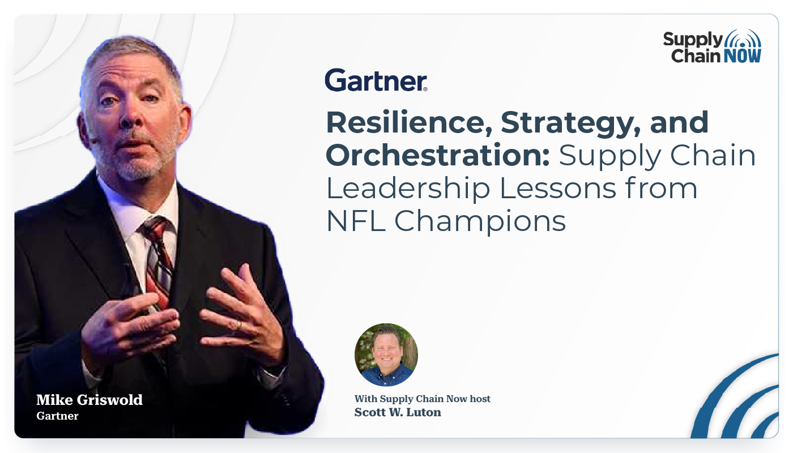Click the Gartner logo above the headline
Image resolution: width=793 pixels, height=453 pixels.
(x=376, y=80)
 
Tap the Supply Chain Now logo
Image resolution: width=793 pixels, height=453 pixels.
(x=713, y=46)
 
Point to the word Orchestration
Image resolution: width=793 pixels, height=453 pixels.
(x=437, y=155)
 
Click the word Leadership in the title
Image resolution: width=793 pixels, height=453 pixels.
(x=408, y=188)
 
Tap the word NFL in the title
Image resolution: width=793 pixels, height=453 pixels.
(x=356, y=221)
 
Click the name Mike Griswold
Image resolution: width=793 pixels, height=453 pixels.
(x=89, y=400)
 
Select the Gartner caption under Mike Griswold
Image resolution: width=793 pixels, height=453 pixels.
(x=57, y=416)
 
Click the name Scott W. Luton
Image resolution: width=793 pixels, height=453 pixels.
(x=398, y=412)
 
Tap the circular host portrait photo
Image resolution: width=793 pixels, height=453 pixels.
(x=386, y=354)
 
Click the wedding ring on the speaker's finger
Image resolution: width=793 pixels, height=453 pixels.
(x=239, y=324)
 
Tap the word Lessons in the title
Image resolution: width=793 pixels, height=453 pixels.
(x=558, y=188)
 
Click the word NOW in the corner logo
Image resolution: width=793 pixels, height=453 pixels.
(x=743, y=56)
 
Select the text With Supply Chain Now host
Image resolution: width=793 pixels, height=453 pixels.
(x=423, y=399)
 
